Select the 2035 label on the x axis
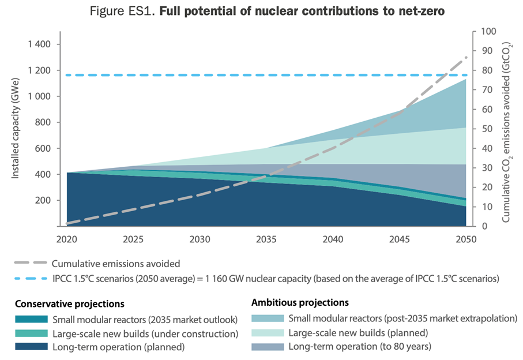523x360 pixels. tap(265, 238)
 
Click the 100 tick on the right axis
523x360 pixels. tap(482, 32)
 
